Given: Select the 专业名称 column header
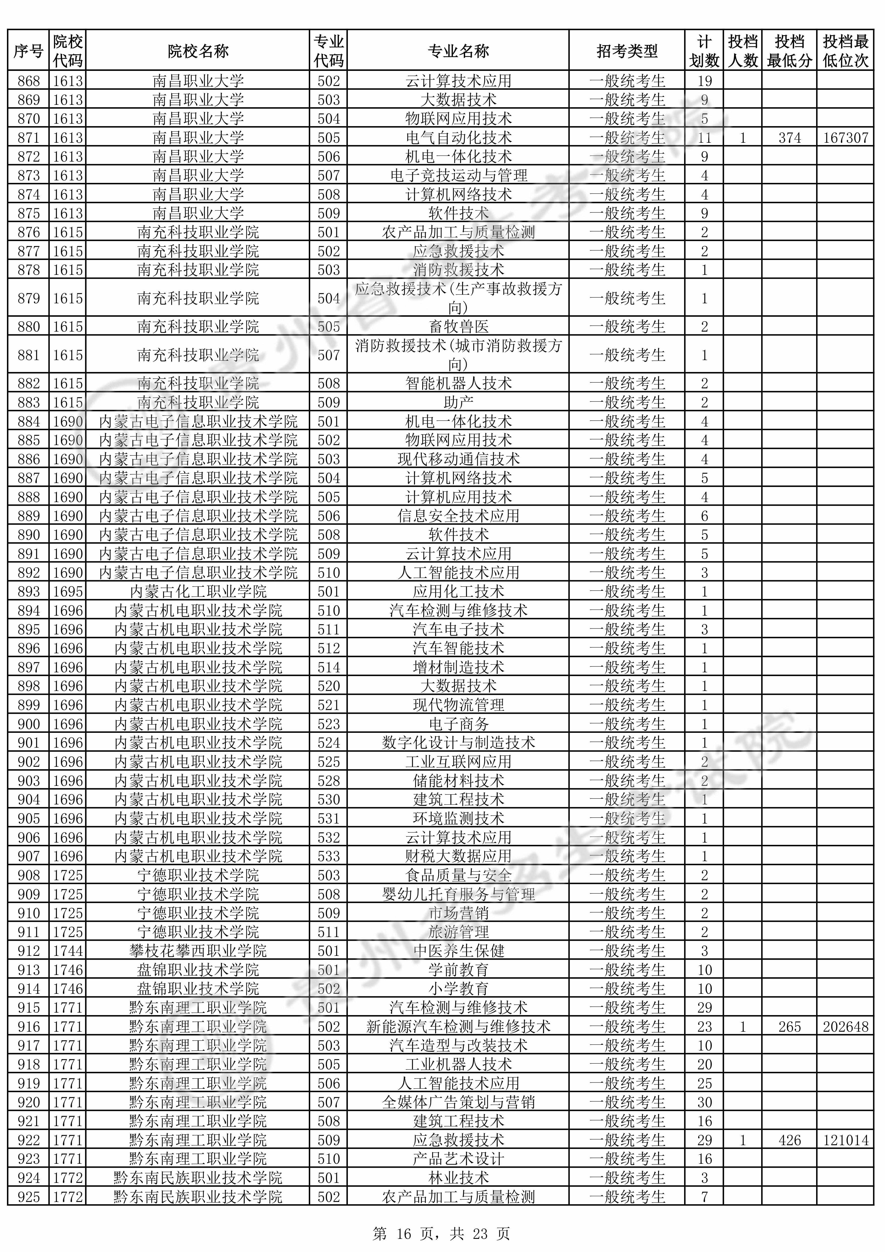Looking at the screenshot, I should [x=458, y=51].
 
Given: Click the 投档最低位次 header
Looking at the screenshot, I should [x=845, y=51].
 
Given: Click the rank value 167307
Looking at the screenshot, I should [x=845, y=137].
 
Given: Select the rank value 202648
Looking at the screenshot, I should [x=845, y=1027].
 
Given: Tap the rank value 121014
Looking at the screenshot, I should [x=845, y=1140].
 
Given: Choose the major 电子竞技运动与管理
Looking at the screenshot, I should [x=458, y=176].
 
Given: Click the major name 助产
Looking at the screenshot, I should [x=458, y=402].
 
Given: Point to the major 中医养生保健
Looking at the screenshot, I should [x=458, y=951].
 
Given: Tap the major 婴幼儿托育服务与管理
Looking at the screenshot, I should [x=458, y=894].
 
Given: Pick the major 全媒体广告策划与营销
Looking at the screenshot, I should [x=458, y=1103].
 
